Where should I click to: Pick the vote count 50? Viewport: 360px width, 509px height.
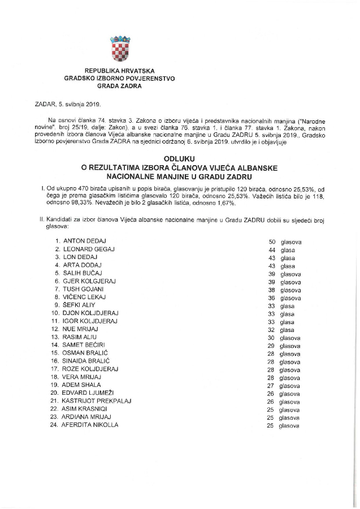272,241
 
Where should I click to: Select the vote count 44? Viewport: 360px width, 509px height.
272,249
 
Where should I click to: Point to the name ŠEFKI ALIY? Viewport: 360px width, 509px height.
83,305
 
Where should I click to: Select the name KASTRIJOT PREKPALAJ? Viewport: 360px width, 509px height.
97,400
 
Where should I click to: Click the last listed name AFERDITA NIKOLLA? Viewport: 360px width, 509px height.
91,424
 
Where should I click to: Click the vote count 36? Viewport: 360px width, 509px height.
272,297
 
